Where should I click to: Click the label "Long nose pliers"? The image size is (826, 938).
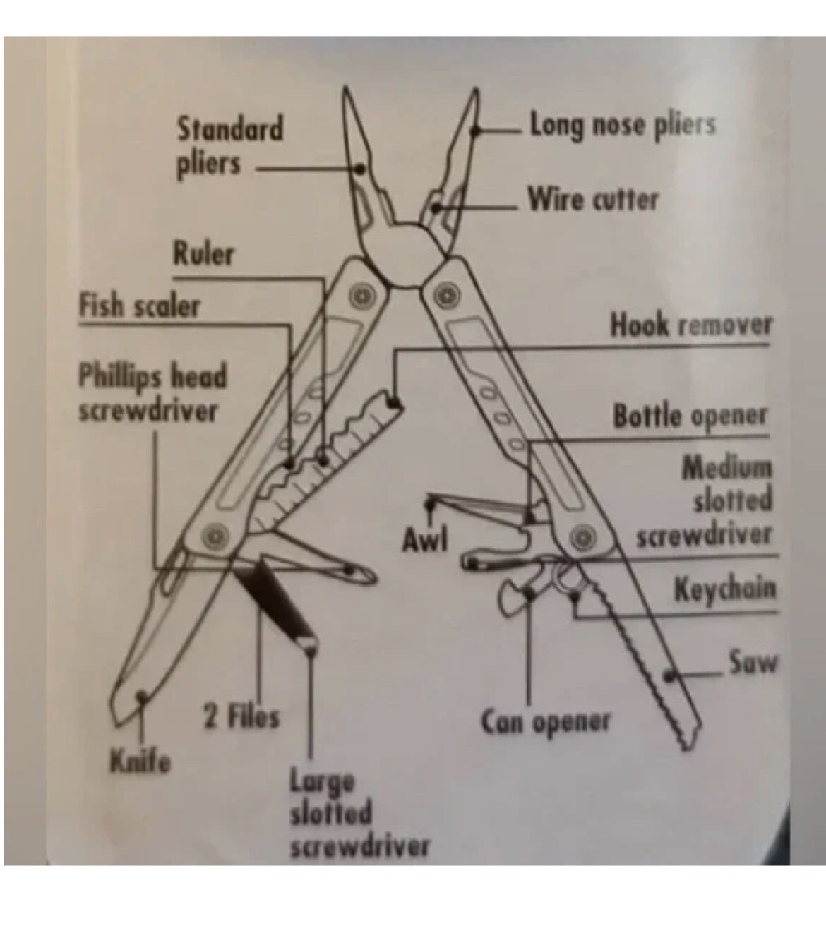(623, 125)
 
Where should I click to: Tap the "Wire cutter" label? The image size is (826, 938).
(593, 200)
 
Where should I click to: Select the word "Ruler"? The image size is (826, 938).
(203, 254)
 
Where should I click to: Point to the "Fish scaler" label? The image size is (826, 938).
(140, 306)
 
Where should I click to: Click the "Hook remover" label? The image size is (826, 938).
(691, 325)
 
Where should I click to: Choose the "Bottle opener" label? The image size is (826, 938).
(690, 416)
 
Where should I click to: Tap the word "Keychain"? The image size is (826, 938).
(725, 589)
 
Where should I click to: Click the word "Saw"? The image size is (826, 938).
(753, 662)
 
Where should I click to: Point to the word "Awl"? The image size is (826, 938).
(425, 540)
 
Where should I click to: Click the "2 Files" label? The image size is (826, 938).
(241, 718)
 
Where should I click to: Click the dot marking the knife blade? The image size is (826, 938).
(142, 696)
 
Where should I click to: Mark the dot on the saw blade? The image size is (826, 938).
(669, 676)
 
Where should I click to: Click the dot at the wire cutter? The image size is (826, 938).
(436, 208)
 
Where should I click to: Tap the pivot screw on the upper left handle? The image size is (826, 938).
(362, 296)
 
